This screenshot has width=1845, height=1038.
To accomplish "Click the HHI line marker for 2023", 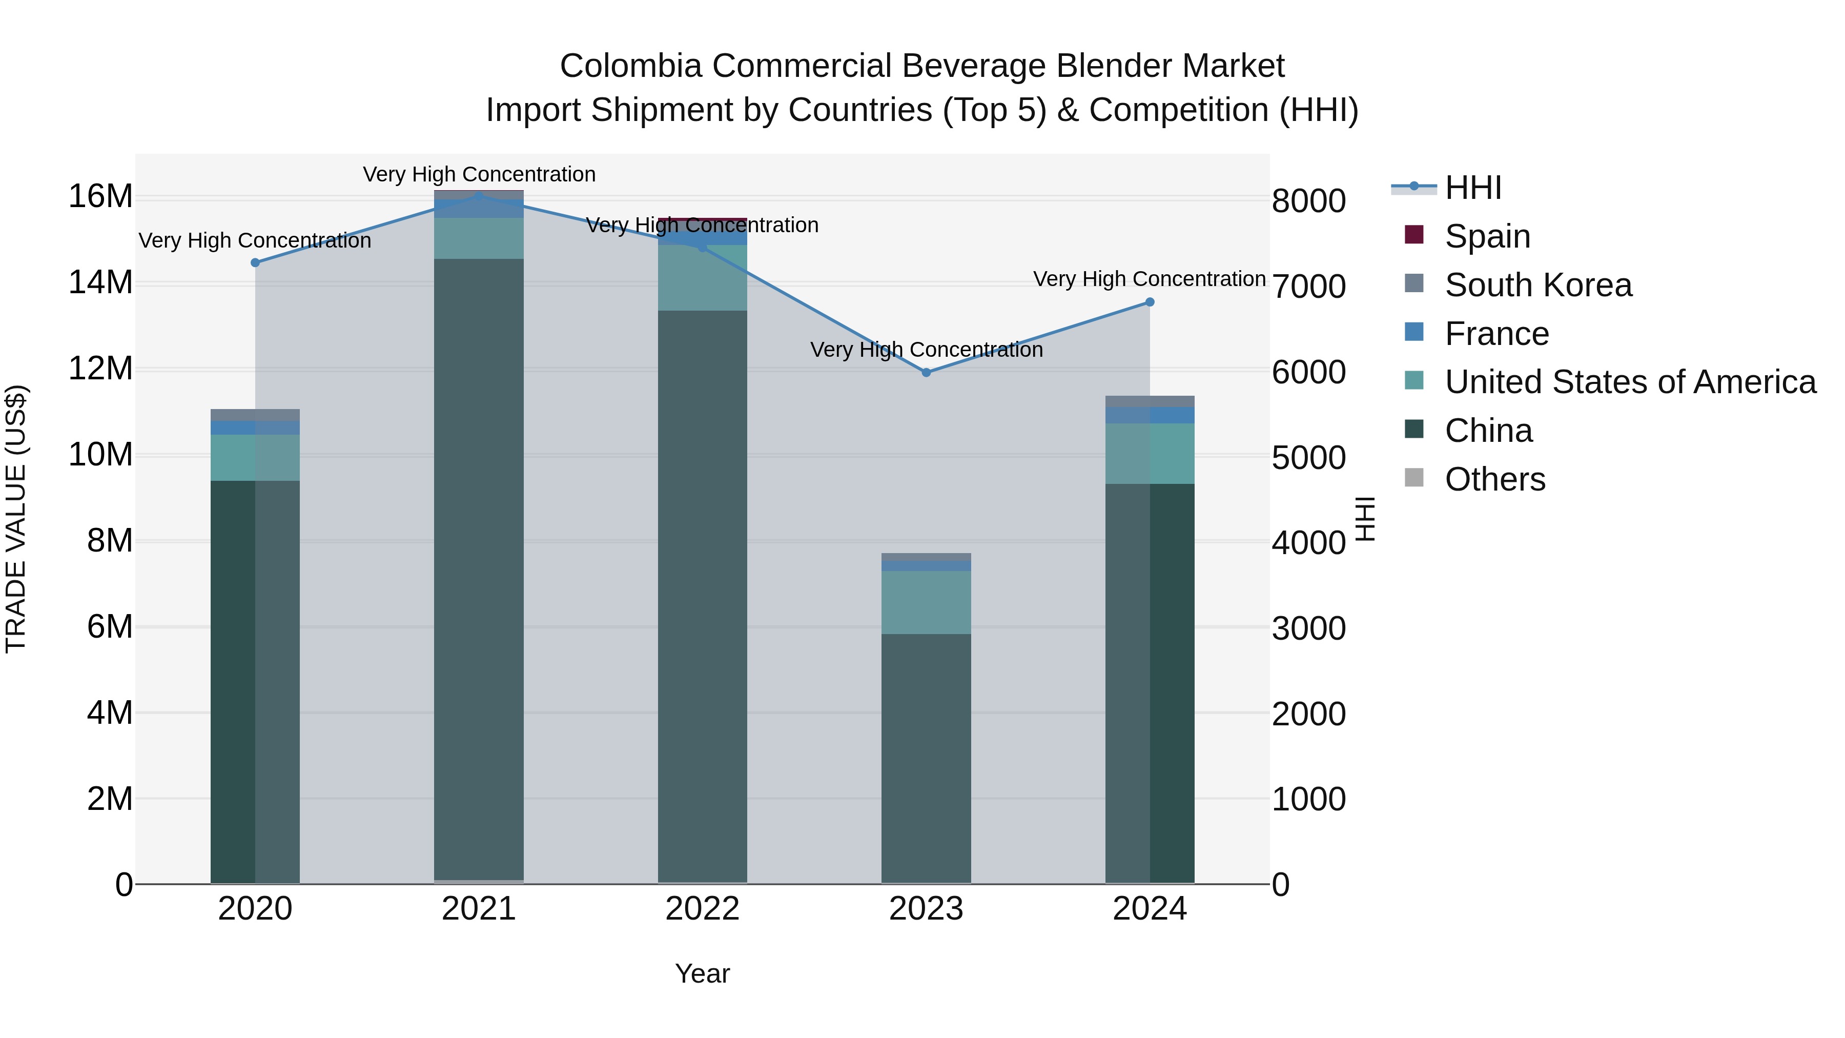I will pyautogui.click(x=926, y=373).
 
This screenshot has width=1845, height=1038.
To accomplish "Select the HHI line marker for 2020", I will pyautogui.click(x=255, y=263).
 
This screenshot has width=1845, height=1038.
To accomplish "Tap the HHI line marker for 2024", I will pyautogui.click(x=1150, y=302).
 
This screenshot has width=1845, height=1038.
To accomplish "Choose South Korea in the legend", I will pyautogui.click(x=1537, y=285).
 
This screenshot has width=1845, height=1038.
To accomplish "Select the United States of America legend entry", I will pyautogui.click(x=1629, y=382).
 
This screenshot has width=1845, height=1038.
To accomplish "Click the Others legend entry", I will pyautogui.click(x=1495, y=479).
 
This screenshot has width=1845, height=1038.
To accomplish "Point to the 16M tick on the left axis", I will pyautogui.click(x=100, y=196).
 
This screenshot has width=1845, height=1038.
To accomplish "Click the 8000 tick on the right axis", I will pyautogui.click(x=1308, y=201).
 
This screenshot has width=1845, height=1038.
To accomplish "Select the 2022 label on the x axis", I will pyautogui.click(x=702, y=909).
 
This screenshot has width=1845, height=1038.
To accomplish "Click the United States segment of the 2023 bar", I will pyautogui.click(x=926, y=602).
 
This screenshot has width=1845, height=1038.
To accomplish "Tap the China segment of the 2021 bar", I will pyautogui.click(x=479, y=573).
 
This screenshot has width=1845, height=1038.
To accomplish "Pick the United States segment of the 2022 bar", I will pyautogui.click(x=702, y=278).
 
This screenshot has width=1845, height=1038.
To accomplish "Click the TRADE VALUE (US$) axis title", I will pyautogui.click(x=16, y=519).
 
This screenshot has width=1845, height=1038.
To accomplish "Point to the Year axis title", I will pyautogui.click(x=702, y=973).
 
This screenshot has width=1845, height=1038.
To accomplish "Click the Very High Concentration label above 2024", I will pyautogui.click(x=1149, y=279).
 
